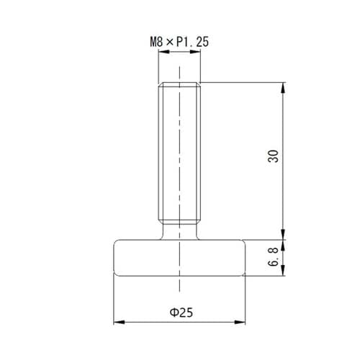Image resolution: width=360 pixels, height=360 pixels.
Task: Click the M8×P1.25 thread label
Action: [x=179, y=42]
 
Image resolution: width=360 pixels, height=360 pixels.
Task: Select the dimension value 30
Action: [x=273, y=156]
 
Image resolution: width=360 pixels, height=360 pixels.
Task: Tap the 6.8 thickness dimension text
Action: [x=273, y=256]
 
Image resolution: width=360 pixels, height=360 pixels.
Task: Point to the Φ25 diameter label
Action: [x=181, y=312]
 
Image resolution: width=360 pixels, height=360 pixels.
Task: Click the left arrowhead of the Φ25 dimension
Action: [x=120, y=322]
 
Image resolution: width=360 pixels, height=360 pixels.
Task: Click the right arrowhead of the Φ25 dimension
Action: [x=240, y=322]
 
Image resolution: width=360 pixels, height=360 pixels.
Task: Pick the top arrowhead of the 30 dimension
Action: [x=284, y=88]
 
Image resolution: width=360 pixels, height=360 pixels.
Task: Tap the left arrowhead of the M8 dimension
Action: [x=164, y=52]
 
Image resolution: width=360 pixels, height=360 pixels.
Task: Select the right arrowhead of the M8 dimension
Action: [x=195, y=52]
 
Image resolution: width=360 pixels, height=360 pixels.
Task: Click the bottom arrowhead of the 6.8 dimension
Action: [x=284, y=270]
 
